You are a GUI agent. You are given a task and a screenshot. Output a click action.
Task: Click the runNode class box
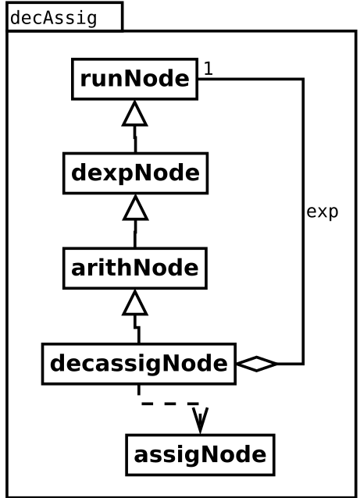click(135, 79)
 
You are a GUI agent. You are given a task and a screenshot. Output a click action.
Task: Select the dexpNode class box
click(136, 173)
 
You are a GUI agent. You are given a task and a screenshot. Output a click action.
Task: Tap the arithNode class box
click(135, 268)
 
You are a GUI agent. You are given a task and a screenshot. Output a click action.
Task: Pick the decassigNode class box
click(139, 364)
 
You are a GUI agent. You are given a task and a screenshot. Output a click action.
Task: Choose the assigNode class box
click(200, 455)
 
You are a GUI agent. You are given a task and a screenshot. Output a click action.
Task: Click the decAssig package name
click(53, 18)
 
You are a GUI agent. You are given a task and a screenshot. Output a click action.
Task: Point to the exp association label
click(323, 212)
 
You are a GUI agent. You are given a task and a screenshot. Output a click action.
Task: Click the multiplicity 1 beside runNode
click(209, 68)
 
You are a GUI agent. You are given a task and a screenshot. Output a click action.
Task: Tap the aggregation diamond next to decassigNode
click(257, 364)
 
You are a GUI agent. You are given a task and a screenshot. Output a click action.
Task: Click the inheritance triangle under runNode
click(135, 114)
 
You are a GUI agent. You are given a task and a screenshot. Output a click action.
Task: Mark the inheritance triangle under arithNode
click(135, 303)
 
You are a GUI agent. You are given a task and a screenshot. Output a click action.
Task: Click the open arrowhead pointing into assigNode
click(200, 420)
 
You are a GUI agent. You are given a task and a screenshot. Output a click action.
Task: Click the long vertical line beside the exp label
click(303, 222)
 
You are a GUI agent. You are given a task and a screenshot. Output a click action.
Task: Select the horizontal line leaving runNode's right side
click(251, 79)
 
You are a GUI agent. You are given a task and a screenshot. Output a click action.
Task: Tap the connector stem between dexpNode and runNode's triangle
click(135, 139)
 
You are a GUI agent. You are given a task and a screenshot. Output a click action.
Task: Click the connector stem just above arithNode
click(135, 233)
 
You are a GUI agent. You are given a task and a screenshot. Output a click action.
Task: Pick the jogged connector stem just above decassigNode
click(137, 329)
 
